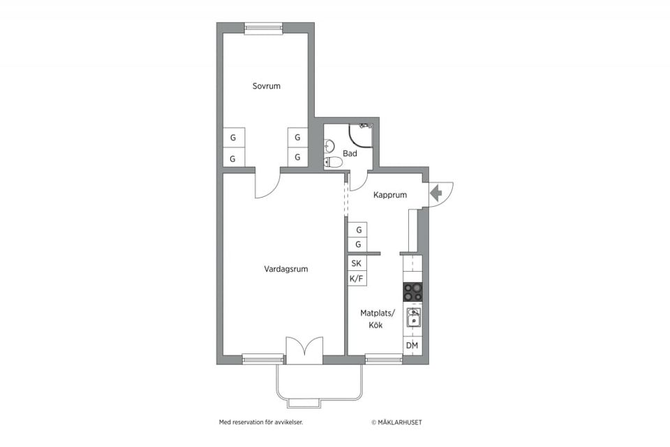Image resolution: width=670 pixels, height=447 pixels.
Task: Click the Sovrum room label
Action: pyautogui.click(x=266, y=86)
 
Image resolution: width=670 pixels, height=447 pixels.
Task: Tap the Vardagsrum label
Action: pyautogui.click(x=286, y=269)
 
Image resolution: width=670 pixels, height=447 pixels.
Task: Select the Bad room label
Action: pyautogui.click(x=350, y=153)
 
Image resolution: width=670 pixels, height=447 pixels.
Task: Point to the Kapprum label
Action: pyautogui.click(x=389, y=195)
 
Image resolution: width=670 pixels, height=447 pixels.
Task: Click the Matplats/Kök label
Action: pyautogui.click(x=378, y=319)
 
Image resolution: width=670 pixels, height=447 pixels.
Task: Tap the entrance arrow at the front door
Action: pyautogui.click(x=435, y=193)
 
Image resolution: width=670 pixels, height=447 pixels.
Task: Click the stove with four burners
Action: pyautogui.click(x=412, y=292)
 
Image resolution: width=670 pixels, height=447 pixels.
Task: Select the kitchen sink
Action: pyautogui.click(x=413, y=318)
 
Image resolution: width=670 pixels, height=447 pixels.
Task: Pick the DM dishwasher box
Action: pyautogui.click(x=412, y=346)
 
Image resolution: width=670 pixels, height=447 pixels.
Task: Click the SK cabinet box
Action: pyautogui.click(x=357, y=263)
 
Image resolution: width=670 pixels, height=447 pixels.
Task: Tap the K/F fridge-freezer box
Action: pyautogui.click(x=357, y=279)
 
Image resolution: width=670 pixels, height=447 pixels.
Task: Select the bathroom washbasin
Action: pyautogui.click(x=329, y=146)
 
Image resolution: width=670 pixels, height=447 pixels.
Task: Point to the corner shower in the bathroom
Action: pyautogui.click(x=361, y=135)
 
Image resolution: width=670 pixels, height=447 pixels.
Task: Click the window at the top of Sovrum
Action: pyautogui.click(x=264, y=28)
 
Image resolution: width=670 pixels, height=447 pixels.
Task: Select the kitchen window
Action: pyautogui.click(x=384, y=359)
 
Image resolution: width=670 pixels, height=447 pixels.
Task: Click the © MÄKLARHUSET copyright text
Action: pyautogui.click(x=396, y=422)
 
